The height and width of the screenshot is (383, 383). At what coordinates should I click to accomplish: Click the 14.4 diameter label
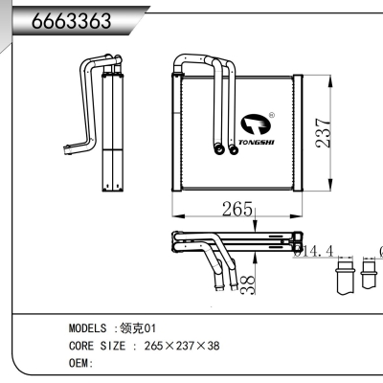pyautogui.click(x=313, y=252)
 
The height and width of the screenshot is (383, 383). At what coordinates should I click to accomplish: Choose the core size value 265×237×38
pyautogui.click(x=181, y=346)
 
